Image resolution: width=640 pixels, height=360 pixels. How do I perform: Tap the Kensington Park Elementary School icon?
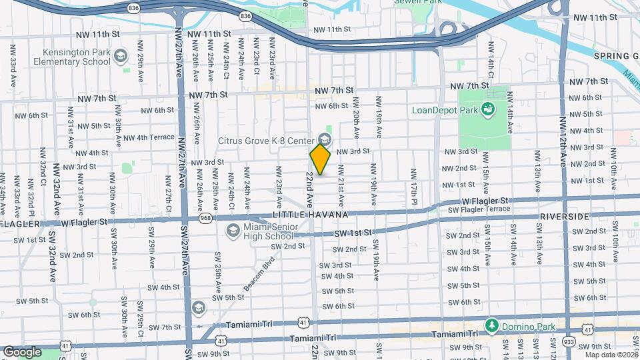(x=121, y=54)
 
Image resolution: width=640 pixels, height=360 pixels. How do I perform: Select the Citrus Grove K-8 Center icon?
(x=325, y=140)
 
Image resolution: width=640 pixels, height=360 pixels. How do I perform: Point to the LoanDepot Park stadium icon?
(x=489, y=109)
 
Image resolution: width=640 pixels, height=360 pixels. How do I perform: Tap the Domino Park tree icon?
(x=492, y=325)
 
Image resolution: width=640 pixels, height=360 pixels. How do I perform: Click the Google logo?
(x=22, y=351)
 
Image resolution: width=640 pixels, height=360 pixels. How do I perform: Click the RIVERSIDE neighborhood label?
(x=565, y=217)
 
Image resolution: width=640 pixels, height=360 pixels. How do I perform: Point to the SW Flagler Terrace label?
(x=479, y=209)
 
